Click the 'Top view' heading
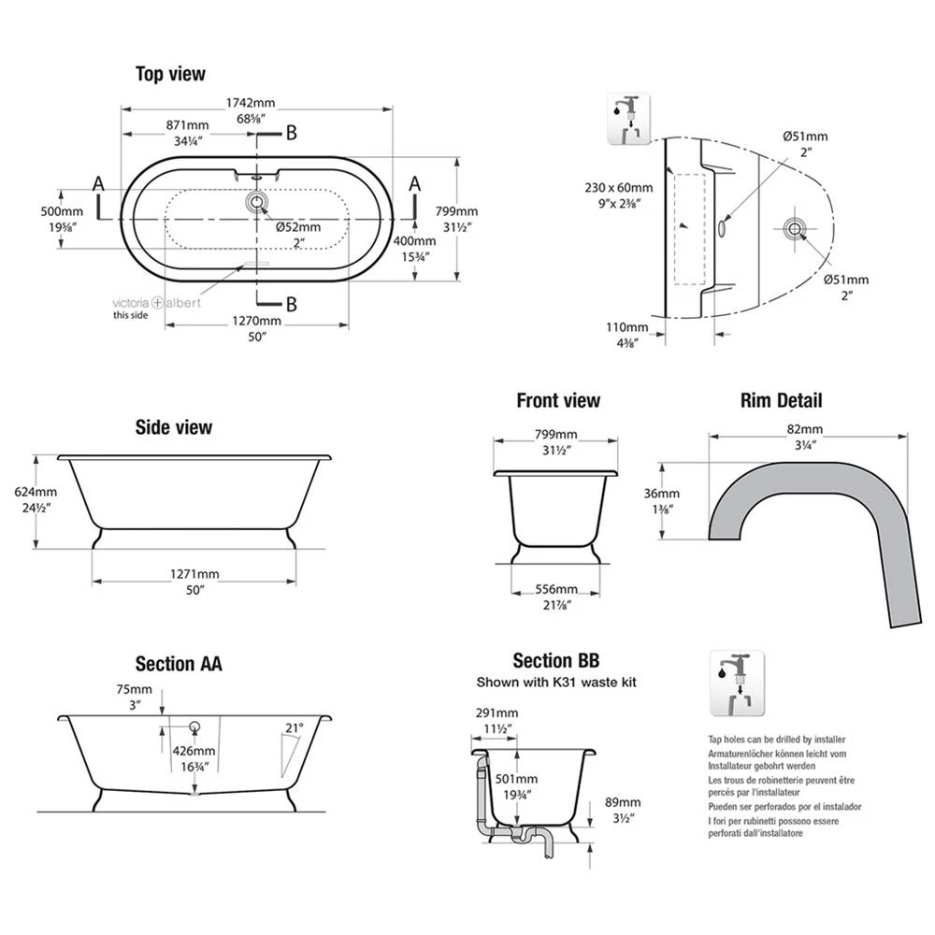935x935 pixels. (x=170, y=74)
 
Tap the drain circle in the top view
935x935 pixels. (x=256, y=201)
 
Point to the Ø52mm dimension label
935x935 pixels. (x=297, y=227)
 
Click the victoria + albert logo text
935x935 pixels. (x=155, y=303)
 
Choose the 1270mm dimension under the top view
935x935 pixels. (x=256, y=321)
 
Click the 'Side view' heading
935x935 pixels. (x=173, y=427)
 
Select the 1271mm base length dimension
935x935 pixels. (x=195, y=573)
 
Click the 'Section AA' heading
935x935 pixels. (x=179, y=664)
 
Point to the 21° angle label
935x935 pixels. (x=295, y=727)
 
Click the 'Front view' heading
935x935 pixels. (x=558, y=401)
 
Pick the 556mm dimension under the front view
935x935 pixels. (x=556, y=589)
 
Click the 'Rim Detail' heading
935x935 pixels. (x=781, y=401)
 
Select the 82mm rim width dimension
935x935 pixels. (x=804, y=429)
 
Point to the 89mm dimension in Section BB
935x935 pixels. (x=622, y=802)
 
